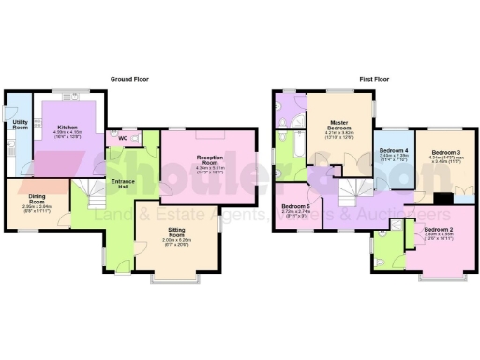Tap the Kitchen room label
(67, 126)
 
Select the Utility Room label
(19, 125)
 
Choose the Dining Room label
(34, 200)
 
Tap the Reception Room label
(208, 159)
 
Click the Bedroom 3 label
(444, 152)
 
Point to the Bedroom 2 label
(438, 229)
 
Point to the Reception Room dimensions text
(208, 170)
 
